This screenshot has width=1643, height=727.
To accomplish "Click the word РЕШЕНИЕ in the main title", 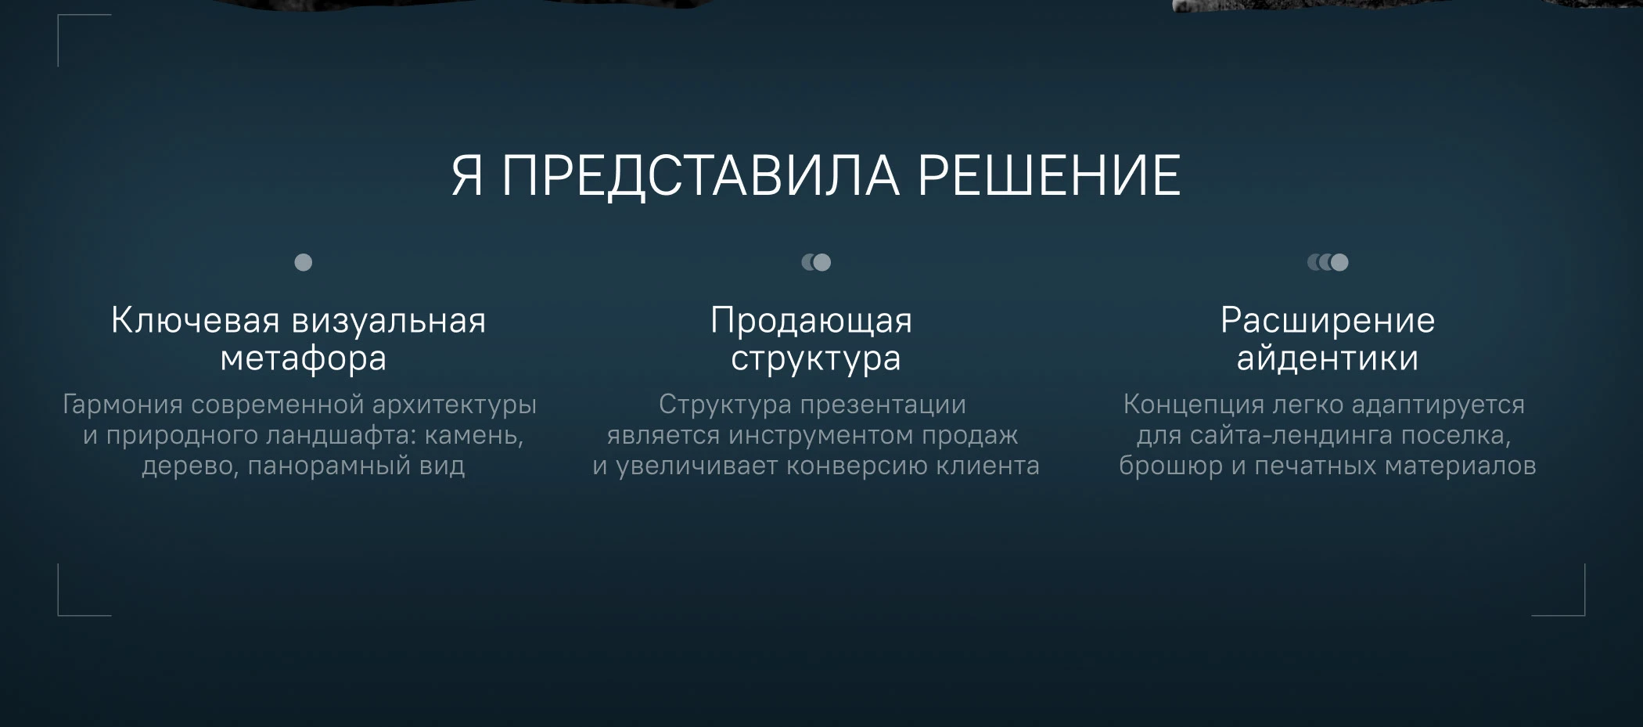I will click(x=1048, y=175).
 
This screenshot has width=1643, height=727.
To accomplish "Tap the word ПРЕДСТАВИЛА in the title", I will click(x=700, y=175).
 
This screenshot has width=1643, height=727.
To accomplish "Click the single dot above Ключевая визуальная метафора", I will click(x=303, y=262).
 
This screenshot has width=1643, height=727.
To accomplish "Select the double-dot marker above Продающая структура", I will click(x=816, y=262).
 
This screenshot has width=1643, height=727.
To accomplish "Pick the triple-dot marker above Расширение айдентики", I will click(x=1328, y=262).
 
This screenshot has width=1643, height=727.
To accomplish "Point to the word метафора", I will click(x=303, y=358).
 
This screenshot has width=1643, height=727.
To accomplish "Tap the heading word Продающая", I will click(x=811, y=321).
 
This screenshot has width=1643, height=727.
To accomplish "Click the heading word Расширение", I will click(x=1328, y=321).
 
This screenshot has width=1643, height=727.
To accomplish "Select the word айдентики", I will click(x=1327, y=358).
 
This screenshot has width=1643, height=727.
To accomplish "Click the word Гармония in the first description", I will click(x=122, y=405).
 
